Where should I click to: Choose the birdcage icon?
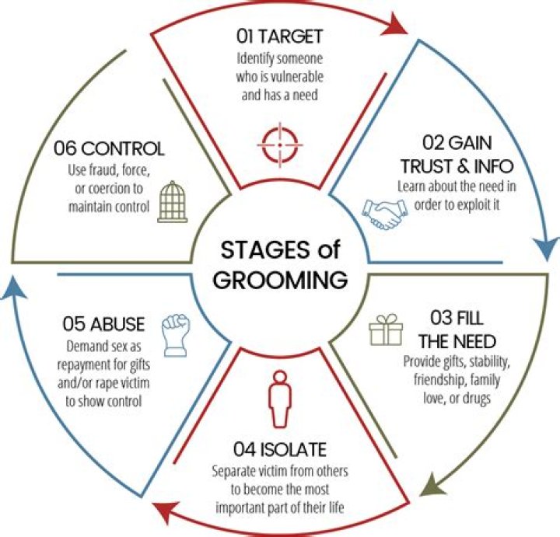(173, 201)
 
